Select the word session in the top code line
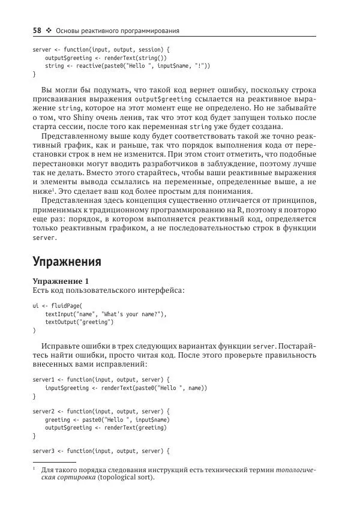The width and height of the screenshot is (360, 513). pyautogui.click(x=148, y=49)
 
